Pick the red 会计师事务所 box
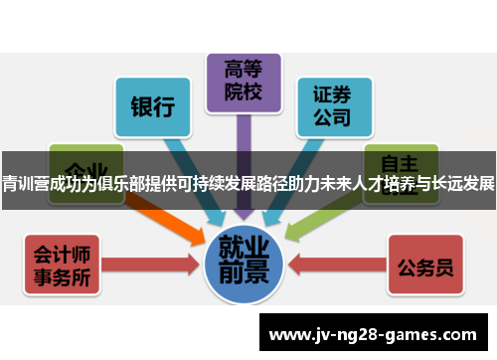(62, 265)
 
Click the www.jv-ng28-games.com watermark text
(377, 332)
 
